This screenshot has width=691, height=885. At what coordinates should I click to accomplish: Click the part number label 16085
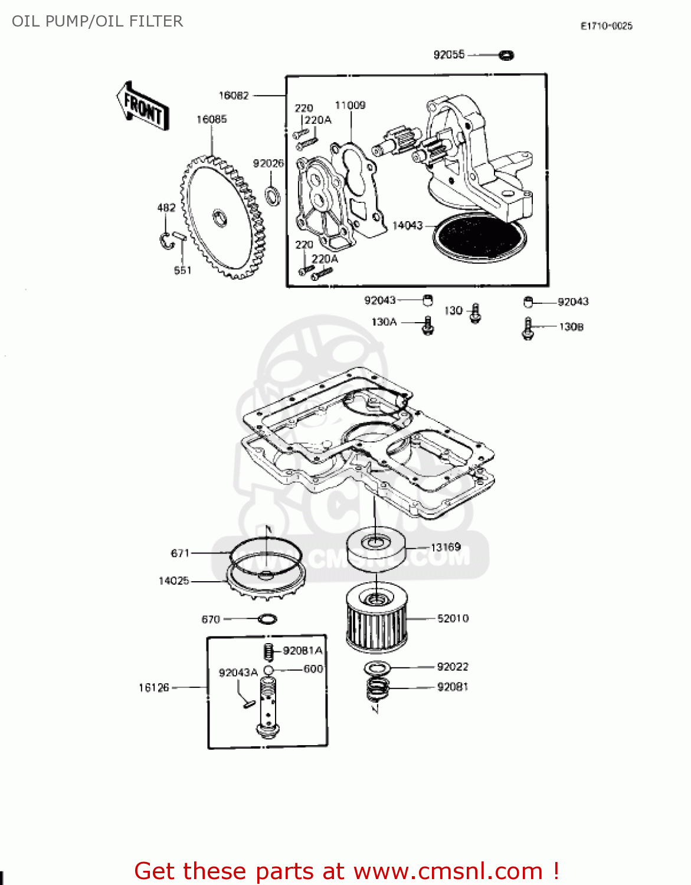(211, 119)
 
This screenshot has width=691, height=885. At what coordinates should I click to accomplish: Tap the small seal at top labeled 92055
(506, 55)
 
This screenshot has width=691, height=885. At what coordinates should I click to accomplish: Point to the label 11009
(350, 105)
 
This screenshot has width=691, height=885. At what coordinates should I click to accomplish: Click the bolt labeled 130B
(528, 329)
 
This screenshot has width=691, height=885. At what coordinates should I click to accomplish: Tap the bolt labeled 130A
(428, 325)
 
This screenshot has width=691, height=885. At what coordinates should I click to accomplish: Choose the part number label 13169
(446, 547)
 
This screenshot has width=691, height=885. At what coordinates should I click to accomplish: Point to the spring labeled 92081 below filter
(378, 688)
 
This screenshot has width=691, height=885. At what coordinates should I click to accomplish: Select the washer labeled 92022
(378, 668)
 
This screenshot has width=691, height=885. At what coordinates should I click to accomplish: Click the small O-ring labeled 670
(268, 619)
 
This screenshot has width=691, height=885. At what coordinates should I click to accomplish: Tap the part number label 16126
(153, 687)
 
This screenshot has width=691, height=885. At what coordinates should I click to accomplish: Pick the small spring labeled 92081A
(267, 651)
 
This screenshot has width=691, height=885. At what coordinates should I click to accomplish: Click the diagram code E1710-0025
(606, 26)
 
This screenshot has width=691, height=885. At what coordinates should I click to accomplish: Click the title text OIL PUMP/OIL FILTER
(97, 21)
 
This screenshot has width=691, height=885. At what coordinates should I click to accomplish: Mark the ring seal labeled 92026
(273, 195)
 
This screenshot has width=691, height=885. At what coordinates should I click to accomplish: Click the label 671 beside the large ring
(180, 553)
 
